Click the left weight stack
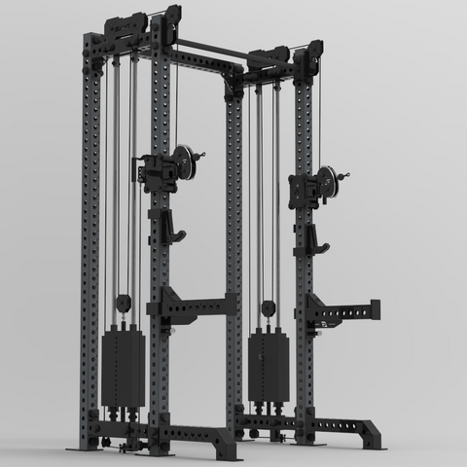tap(123, 368)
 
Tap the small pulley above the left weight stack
tap(124, 304)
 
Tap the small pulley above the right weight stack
tap(268, 310)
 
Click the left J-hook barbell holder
tap(171, 227)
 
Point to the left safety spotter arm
tap(195, 306)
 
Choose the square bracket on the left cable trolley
tap(153, 173)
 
